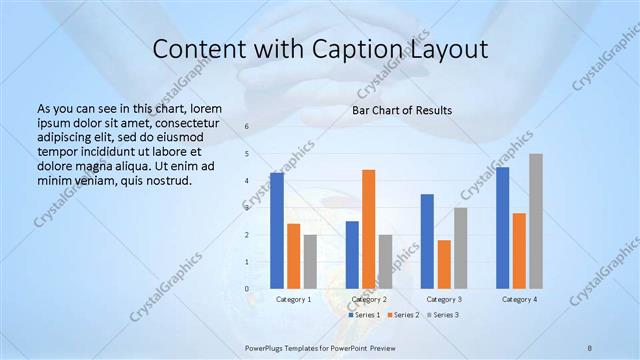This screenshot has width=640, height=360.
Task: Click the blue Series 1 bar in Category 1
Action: tap(277, 231)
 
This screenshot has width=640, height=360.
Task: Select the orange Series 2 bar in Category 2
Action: tap(368, 229)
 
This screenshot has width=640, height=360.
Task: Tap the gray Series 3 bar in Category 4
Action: tap(536, 221)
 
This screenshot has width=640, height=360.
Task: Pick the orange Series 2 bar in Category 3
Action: tap(444, 264)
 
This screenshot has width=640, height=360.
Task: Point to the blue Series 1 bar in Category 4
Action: tap(502, 228)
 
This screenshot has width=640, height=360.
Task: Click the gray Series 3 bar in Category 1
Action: tap(310, 262)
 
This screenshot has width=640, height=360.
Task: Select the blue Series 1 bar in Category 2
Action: tap(352, 255)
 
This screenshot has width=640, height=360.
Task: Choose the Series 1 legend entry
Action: tap(364, 315)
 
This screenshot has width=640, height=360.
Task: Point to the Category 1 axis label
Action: tap(293, 299)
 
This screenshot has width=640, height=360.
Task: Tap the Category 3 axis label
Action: tap(443, 299)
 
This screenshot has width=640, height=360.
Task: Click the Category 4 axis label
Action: tap(519, 299)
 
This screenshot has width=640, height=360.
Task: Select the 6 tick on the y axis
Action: tap(247, 127)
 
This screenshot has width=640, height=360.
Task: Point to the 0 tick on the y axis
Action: tap(247, 289)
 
